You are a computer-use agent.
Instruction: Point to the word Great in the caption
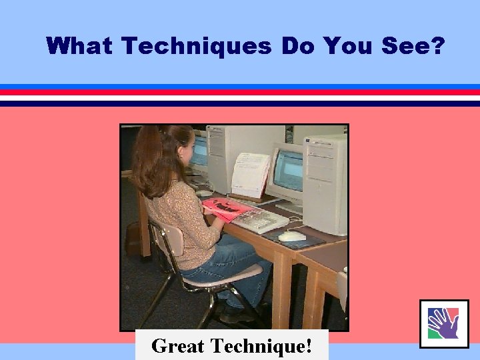click(x=178, y=346)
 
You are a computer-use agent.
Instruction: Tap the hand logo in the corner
click(x=444, y=323)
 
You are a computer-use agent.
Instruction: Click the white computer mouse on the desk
click(x=292, y=236)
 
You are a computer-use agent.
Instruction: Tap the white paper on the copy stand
click(x=250, y=175)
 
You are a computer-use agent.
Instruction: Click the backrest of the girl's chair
click(x=167, y=239)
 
